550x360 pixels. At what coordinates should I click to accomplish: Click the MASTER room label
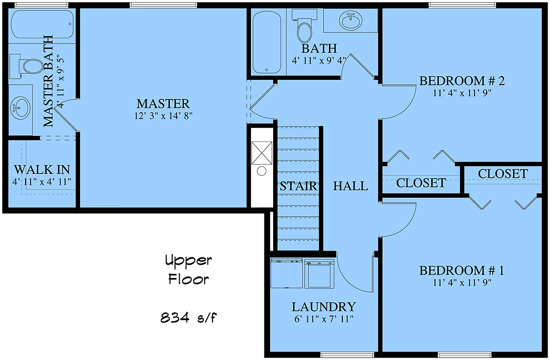(163, 104)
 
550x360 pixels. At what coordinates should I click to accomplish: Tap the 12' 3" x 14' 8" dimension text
(163, 116)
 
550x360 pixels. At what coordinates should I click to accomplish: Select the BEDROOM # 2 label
(462, 81)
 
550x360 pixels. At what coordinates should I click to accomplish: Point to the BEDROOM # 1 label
(462, 271)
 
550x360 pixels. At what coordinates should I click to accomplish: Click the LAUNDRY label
(324, 307)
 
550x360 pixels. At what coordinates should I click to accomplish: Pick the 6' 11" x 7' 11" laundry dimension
(324, 319)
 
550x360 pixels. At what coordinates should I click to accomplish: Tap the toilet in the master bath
(27, 66)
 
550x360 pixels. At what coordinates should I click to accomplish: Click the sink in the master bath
(21, 108)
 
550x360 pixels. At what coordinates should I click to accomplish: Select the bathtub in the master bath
(42, 24)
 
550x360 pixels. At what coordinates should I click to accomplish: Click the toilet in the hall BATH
(304, 29)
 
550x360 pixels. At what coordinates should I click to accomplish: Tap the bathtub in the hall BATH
(267, 42)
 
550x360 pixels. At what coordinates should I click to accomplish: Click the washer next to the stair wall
(286, 273)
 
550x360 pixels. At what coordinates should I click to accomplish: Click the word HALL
(351, 186)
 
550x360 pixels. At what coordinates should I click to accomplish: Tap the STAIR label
(298, 186)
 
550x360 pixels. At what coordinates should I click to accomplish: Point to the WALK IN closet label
(42, 170)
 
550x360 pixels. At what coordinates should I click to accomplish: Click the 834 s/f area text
(188, 317)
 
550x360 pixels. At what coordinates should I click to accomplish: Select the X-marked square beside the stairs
(262, 153)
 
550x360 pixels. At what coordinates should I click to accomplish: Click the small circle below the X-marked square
(262, 171)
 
